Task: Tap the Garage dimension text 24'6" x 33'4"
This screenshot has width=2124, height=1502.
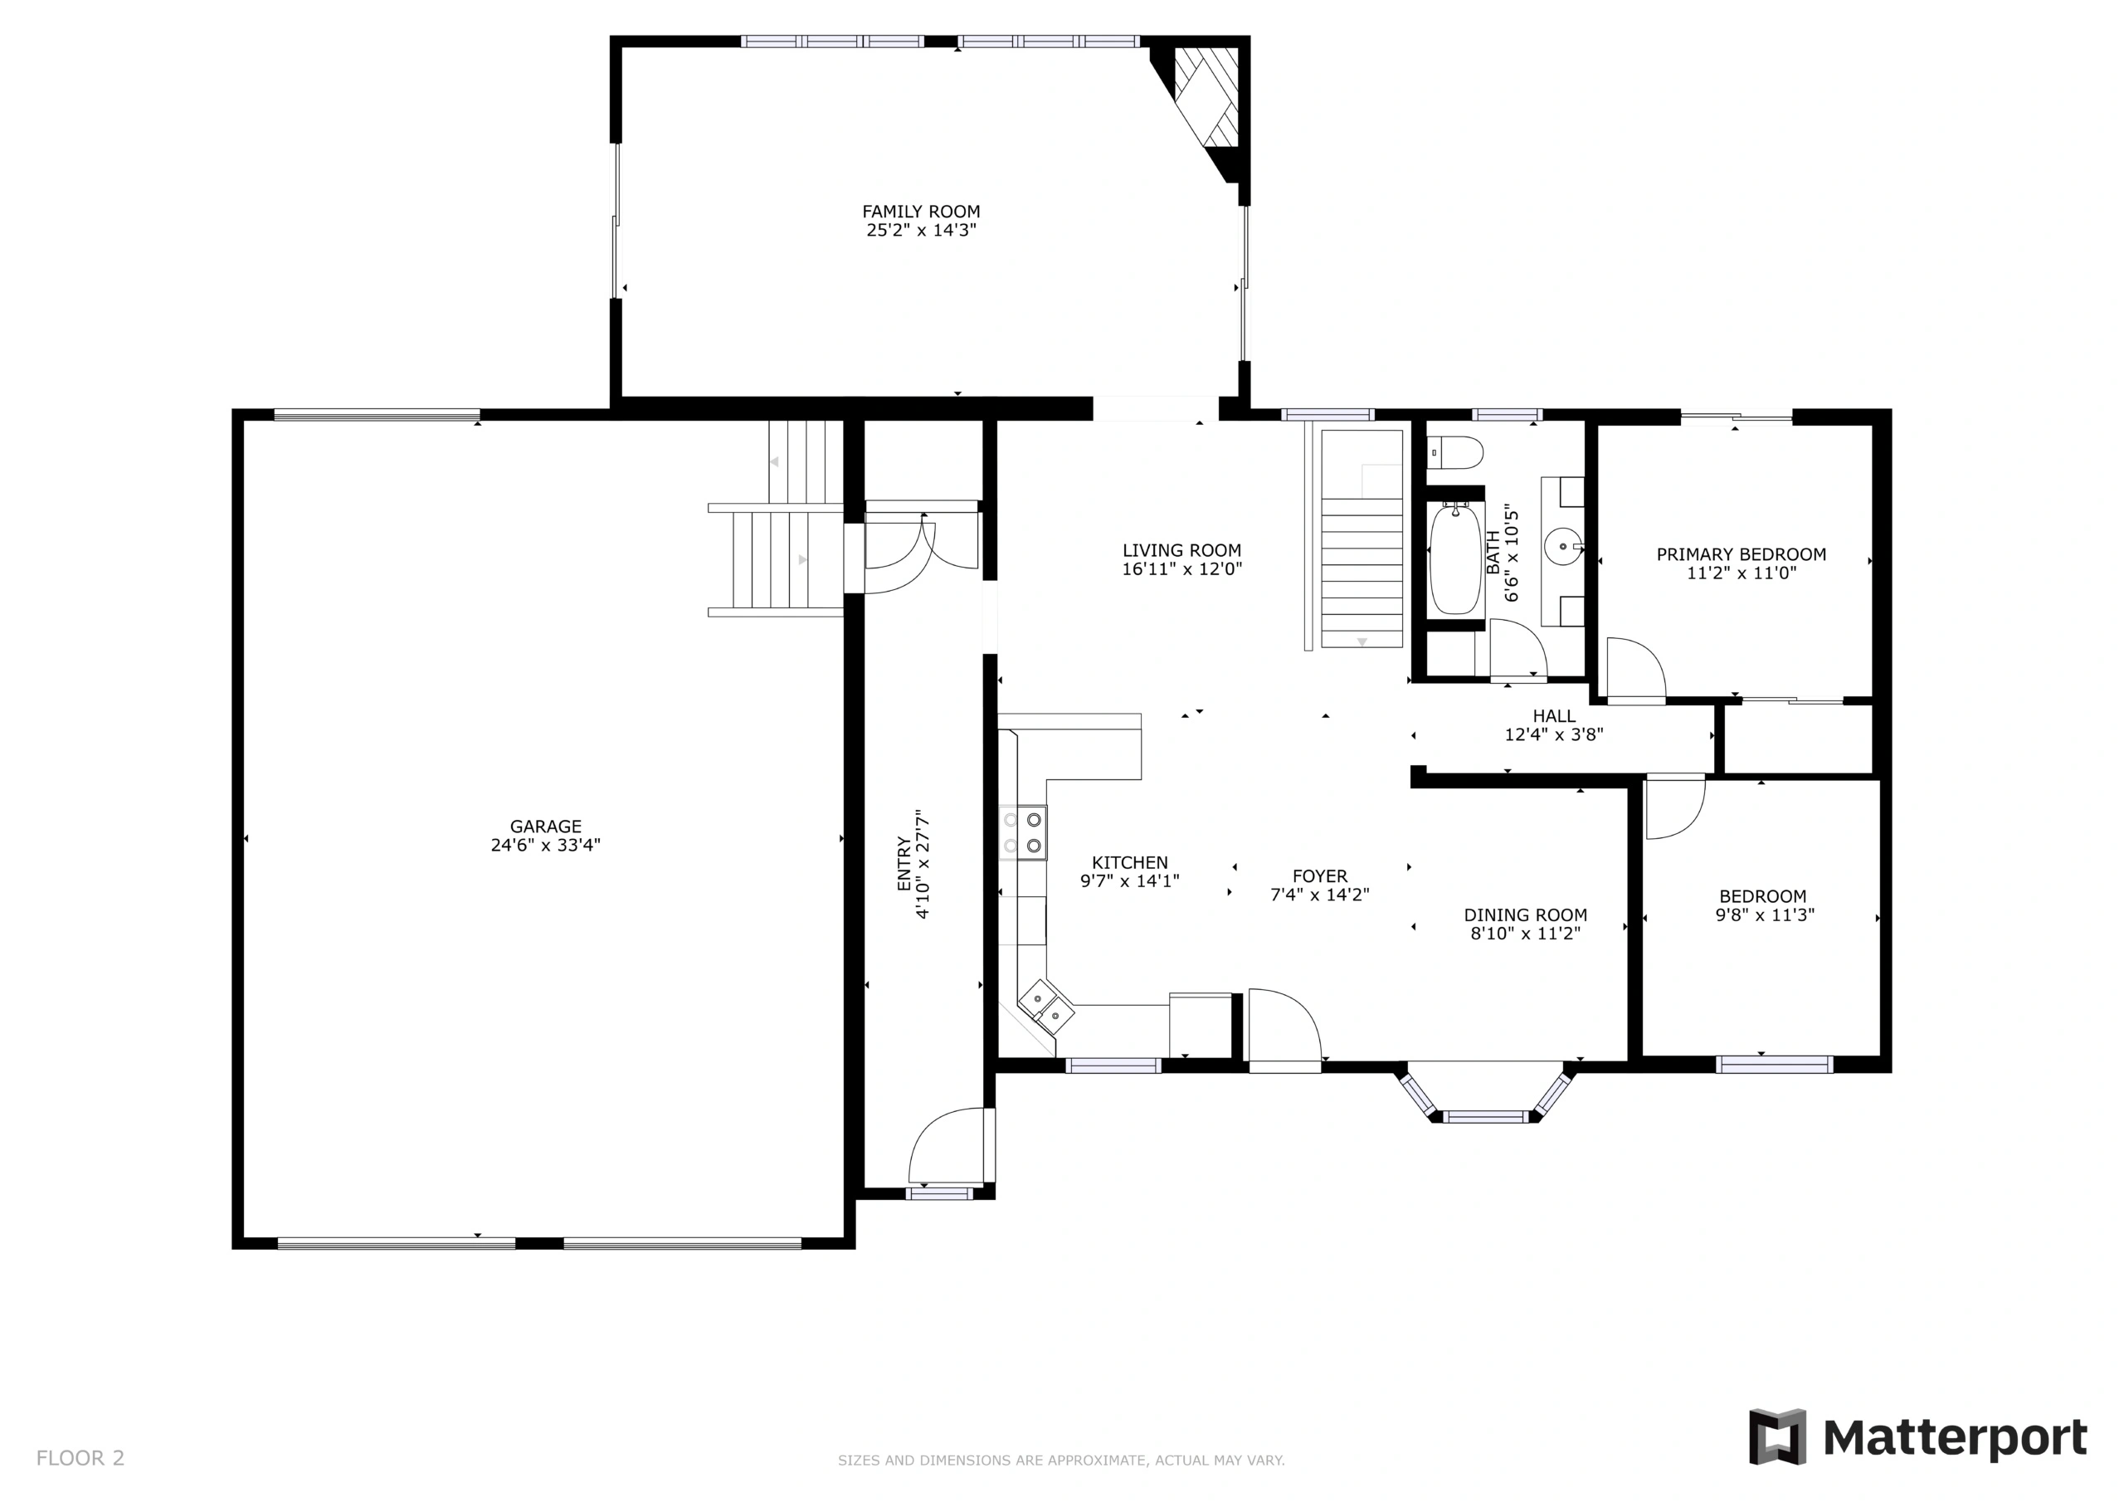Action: pos(546,845)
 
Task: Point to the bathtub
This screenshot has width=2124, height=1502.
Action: pos(1455,559)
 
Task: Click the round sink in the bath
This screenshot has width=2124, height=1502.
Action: pos(1562,547)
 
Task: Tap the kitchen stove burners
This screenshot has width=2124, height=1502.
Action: pos(1022,833)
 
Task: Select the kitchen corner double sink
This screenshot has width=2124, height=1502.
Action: pos(1046,1007)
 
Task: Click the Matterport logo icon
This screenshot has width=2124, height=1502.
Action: pos(1777,1437)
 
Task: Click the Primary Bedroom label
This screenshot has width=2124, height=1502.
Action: pos(1741,554)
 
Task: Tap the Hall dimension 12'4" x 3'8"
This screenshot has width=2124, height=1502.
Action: pos(1554,734)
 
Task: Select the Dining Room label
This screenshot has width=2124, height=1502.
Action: pos(1526,915)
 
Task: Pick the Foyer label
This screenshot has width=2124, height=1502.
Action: pos(1320,876)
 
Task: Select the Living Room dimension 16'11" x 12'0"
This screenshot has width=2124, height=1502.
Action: pos(1182,569)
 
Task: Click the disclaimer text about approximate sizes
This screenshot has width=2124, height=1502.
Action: pos(1061,1461)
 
